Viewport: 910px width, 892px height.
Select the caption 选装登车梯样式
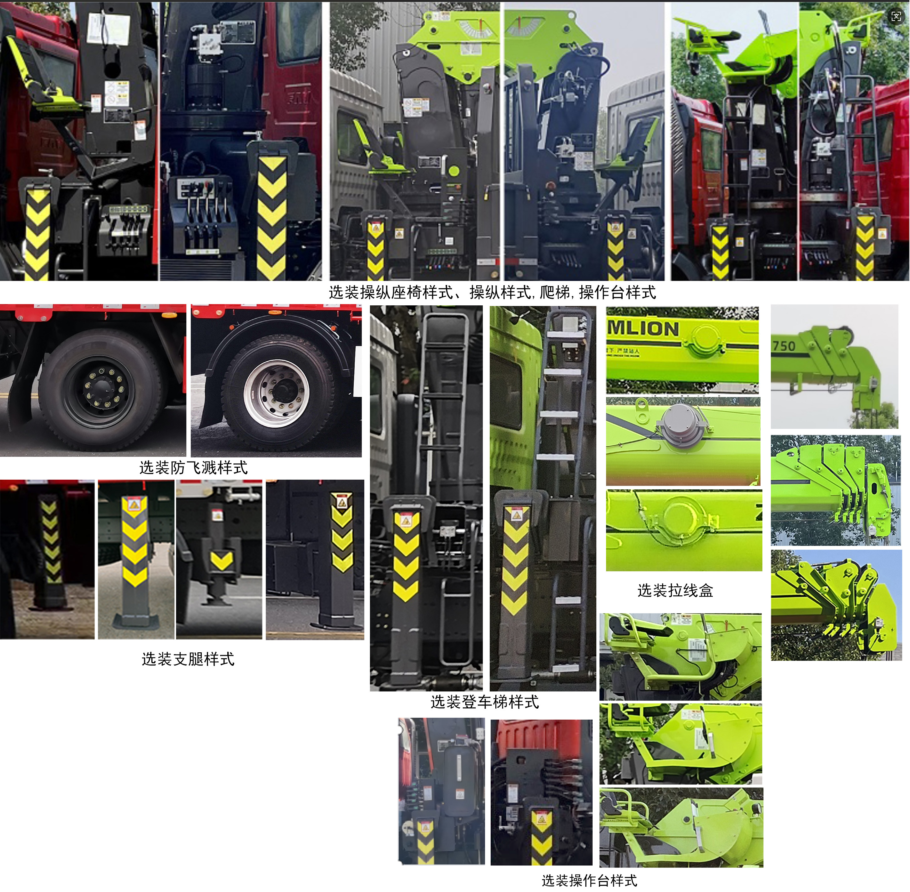(x=484, y=702)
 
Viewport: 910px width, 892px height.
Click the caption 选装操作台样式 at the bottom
(x=589, y=880)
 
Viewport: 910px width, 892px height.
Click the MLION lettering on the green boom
(x=643, y=329)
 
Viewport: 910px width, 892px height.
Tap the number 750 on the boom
(x=784, y=346)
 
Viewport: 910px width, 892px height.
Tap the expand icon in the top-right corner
(x=896, y=16)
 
